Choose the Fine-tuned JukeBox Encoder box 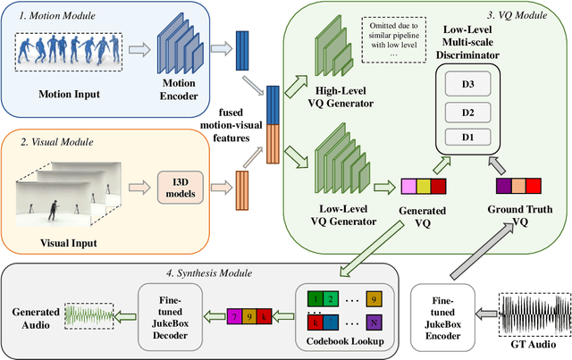[442, 314]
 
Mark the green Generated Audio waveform [89, 314]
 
